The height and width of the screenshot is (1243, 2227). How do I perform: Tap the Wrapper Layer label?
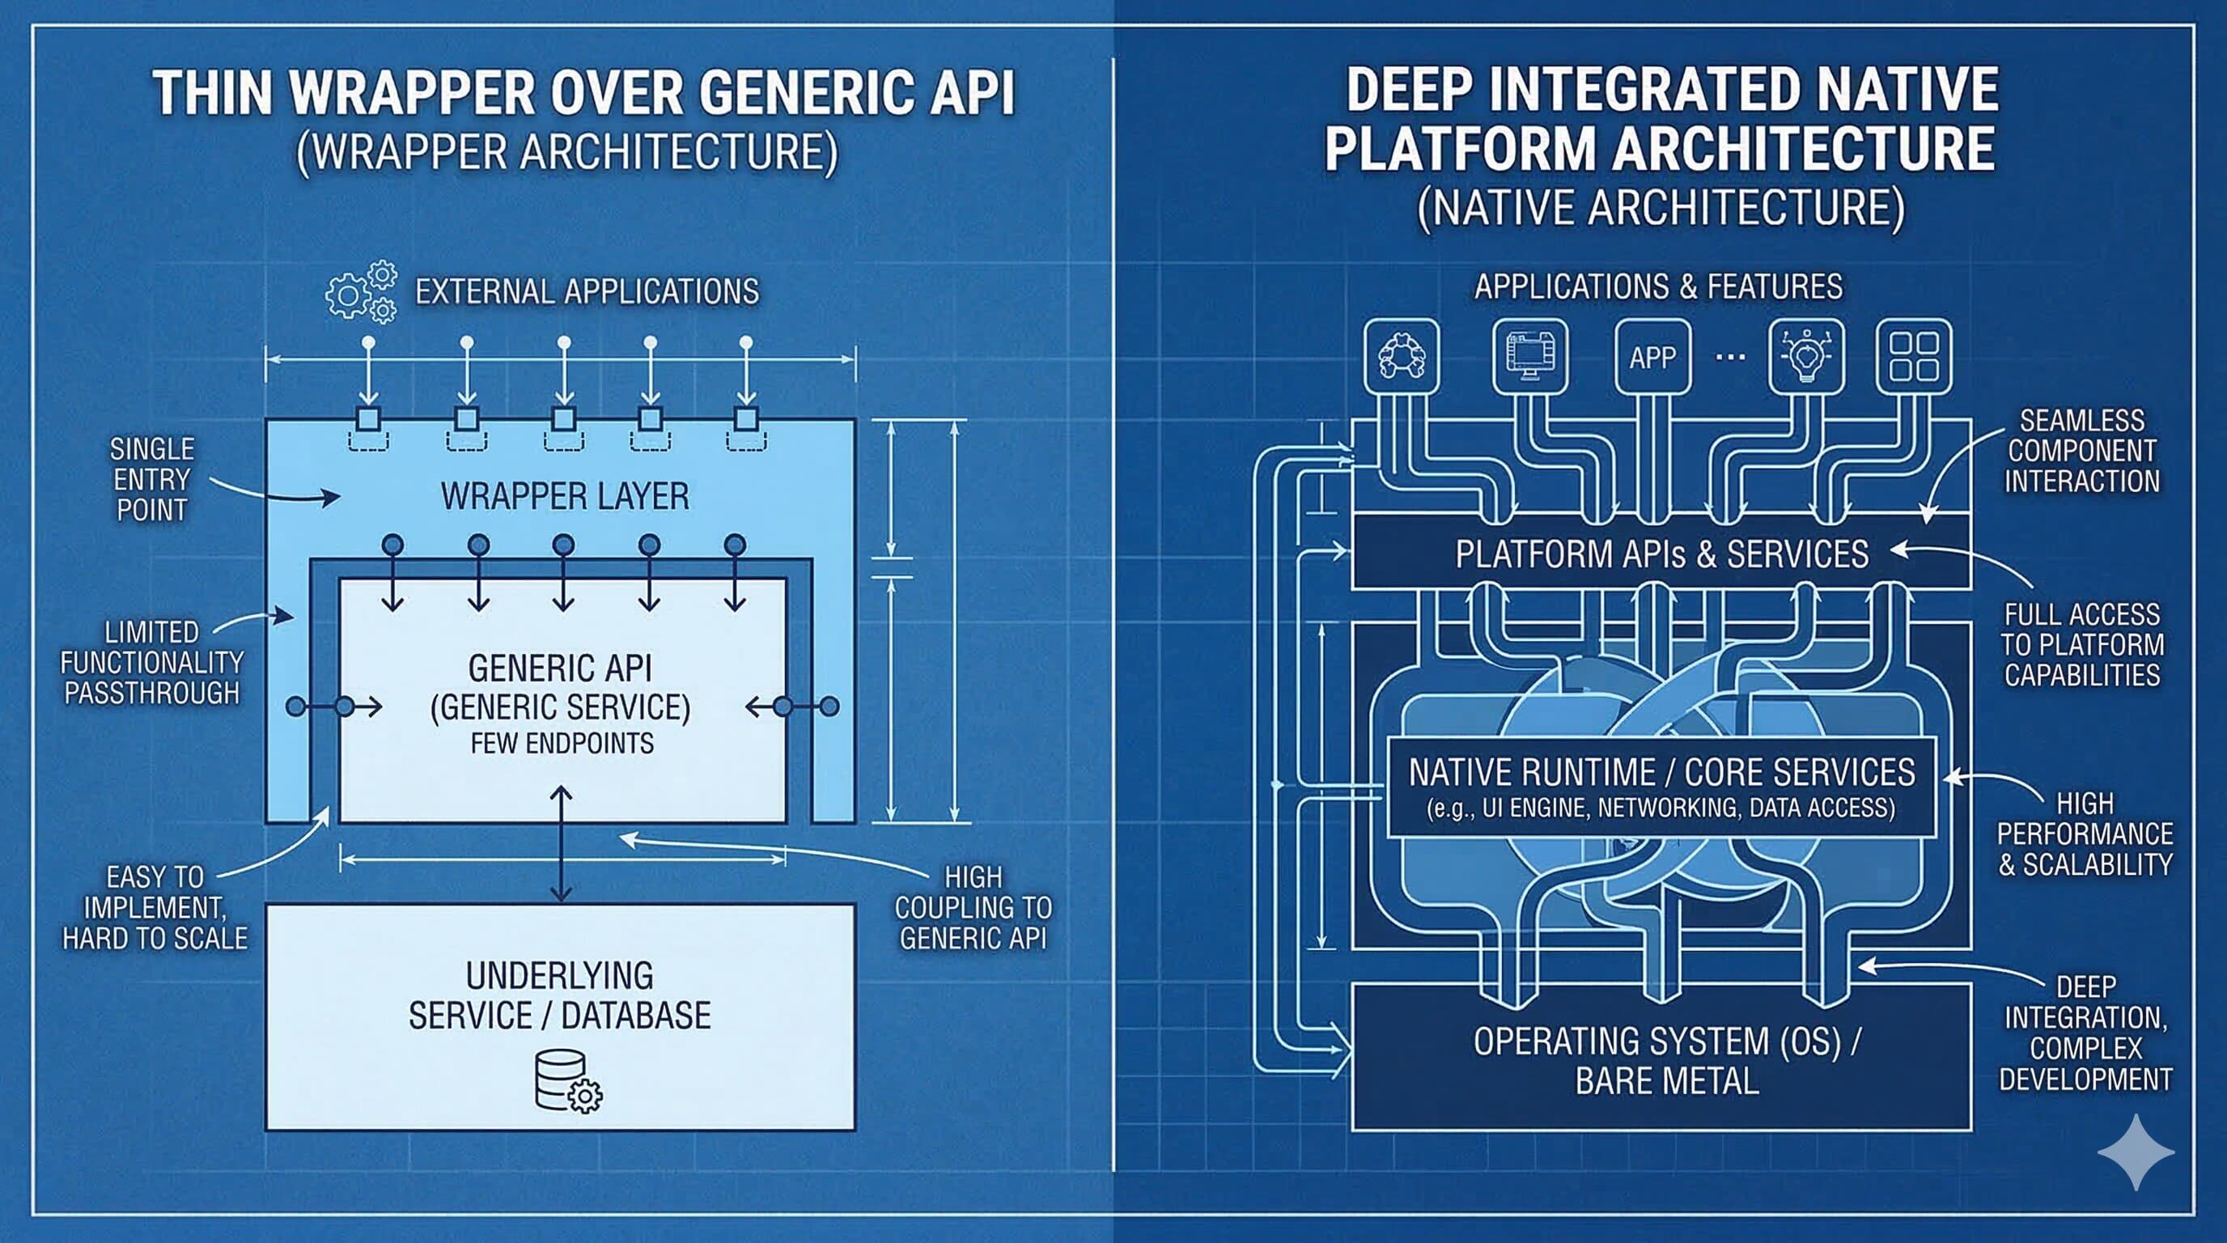tap(565, 497)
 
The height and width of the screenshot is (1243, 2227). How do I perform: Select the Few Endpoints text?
tap(562, 744)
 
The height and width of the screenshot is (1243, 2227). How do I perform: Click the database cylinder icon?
tap(567, 1080)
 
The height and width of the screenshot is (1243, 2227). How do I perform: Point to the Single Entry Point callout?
tap(151, 480)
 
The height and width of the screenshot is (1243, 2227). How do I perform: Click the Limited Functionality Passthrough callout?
tap(151, 663)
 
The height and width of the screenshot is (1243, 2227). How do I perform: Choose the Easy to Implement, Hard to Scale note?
tap(155, 908)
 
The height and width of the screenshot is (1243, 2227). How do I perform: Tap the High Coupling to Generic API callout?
tap(973, 908)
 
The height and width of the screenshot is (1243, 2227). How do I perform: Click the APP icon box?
tap(1652, 357)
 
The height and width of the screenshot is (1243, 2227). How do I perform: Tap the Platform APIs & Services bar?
tap(1661, 554)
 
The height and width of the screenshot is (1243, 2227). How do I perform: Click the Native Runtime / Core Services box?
tap(1661, 787)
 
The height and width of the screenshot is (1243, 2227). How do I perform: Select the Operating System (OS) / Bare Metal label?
tap(1666, 1061)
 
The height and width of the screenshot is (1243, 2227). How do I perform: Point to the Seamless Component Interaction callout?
tap(2082, 452)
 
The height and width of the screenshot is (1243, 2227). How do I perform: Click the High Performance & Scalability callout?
tap(2085, 834)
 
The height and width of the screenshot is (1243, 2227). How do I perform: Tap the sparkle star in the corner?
tap(2136, 1152)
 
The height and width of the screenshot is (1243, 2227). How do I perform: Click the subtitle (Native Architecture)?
tap(1661, 208)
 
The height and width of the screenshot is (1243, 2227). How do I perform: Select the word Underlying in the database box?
tap(559, 976)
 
